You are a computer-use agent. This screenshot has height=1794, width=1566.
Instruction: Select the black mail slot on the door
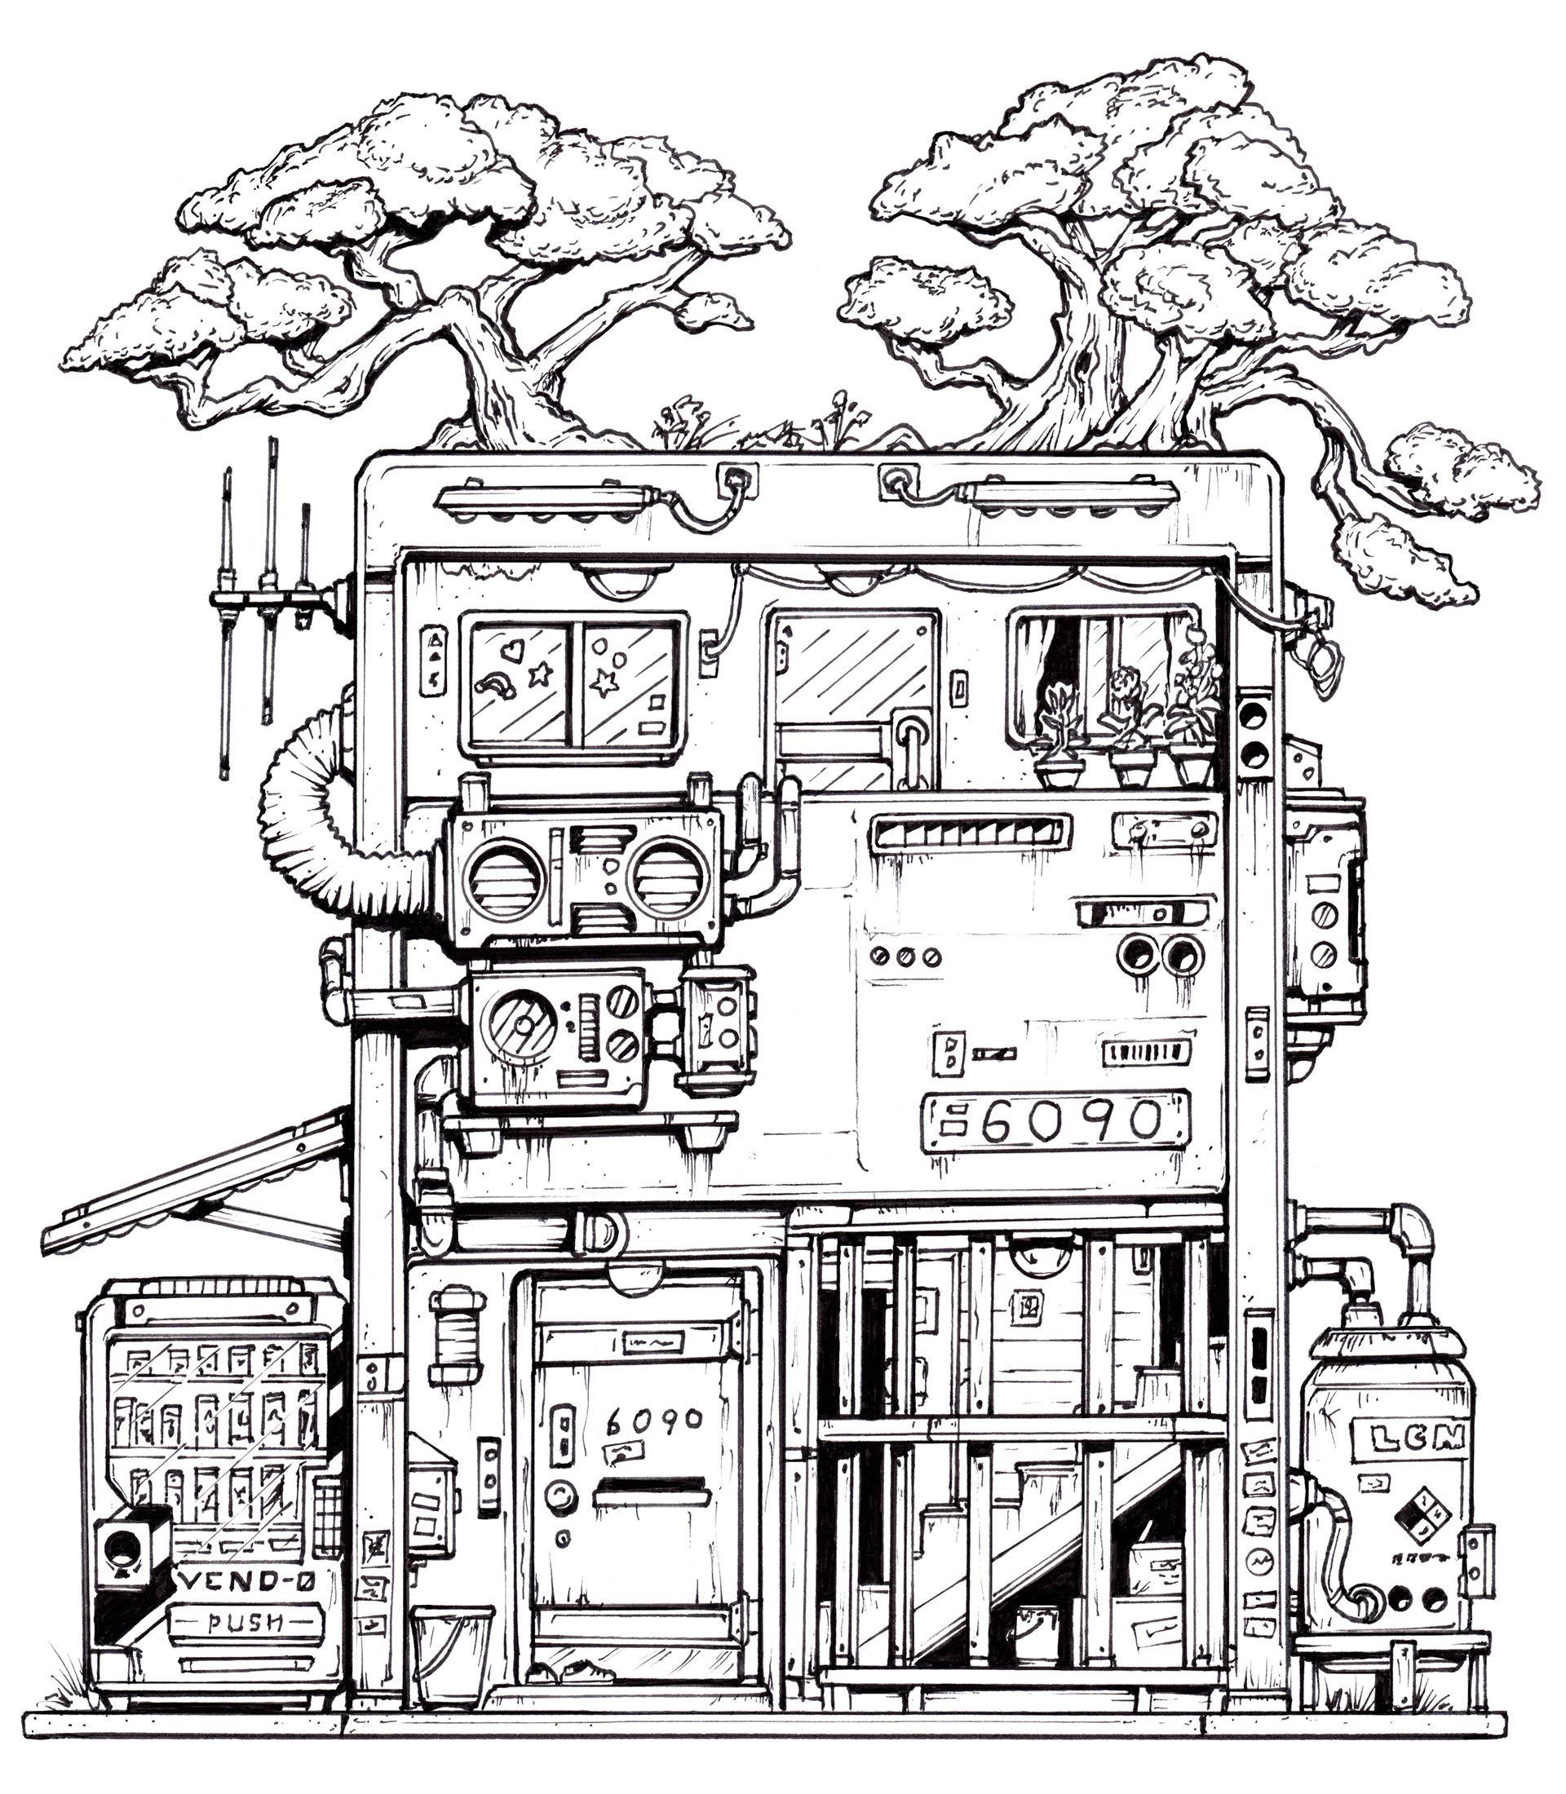(649, 1489)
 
